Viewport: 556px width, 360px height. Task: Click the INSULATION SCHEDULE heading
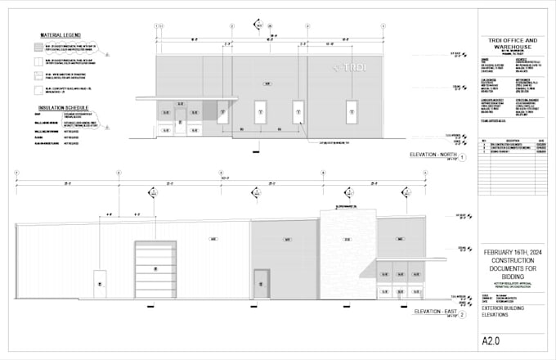(x=65, y=106)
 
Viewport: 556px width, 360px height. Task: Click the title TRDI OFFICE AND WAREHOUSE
(x=508, y=44)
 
